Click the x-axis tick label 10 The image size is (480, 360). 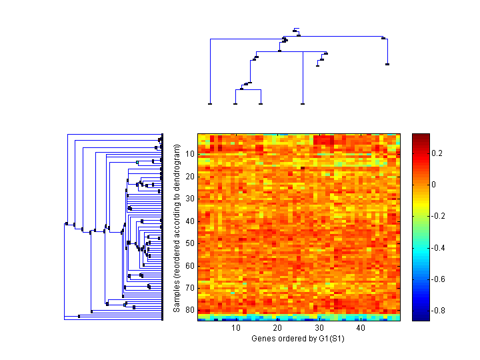[x=236, y=328]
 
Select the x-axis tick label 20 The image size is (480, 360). [x=277, y=328]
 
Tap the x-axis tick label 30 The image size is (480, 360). [x=319, y=328]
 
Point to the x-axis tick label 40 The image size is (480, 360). [x=360, y=328]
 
